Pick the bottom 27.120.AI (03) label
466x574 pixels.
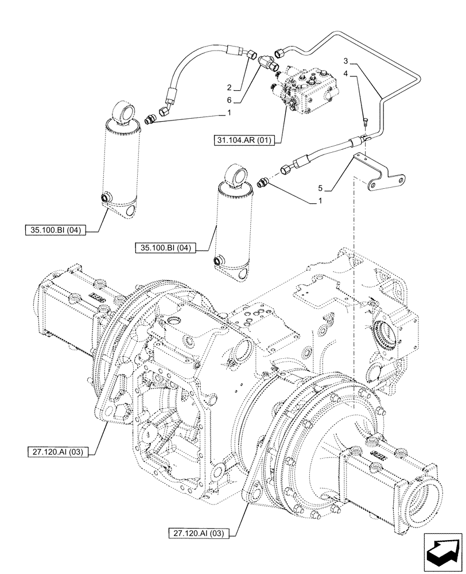pyautogui.click(x=199, y=534)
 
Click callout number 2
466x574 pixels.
pyautogui.click(x=228, y=88)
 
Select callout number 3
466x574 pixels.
pyautogui.click(x=346, y=61)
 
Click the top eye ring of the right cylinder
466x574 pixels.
pyautogui.click(x=235, y=173)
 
